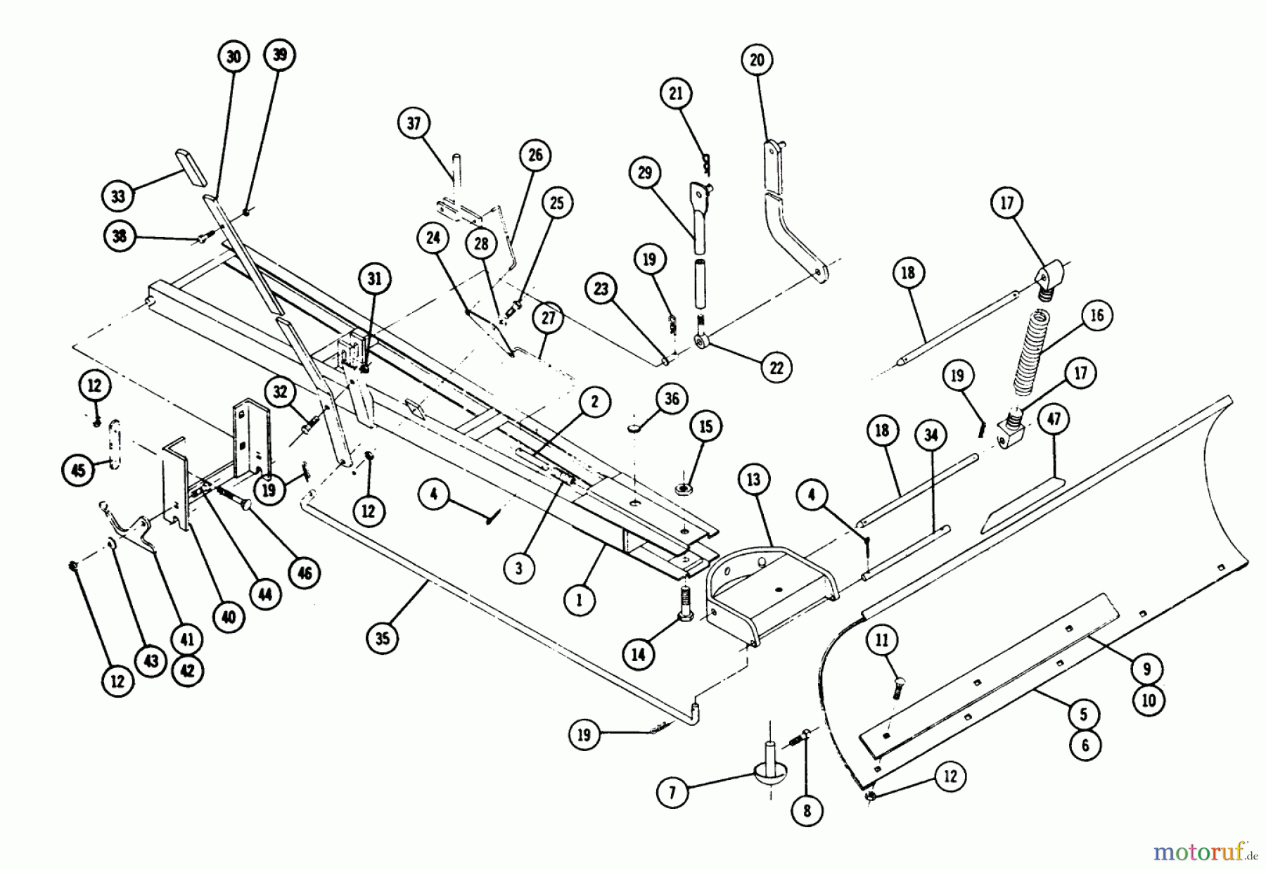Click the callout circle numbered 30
tap(234, 57)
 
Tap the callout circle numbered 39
tap(280, 55)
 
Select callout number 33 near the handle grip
tap(118, 196)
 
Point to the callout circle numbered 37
tap(414, 124)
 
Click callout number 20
tap(757, 60)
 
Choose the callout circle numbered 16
tap(1097, 315)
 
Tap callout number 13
tap(754, 480)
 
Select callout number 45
tap(79, 469)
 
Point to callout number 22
tap(776, 367)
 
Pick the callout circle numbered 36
tap(672, 399)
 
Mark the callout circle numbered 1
tap(580, 600)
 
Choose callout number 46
tap(304, 573)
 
